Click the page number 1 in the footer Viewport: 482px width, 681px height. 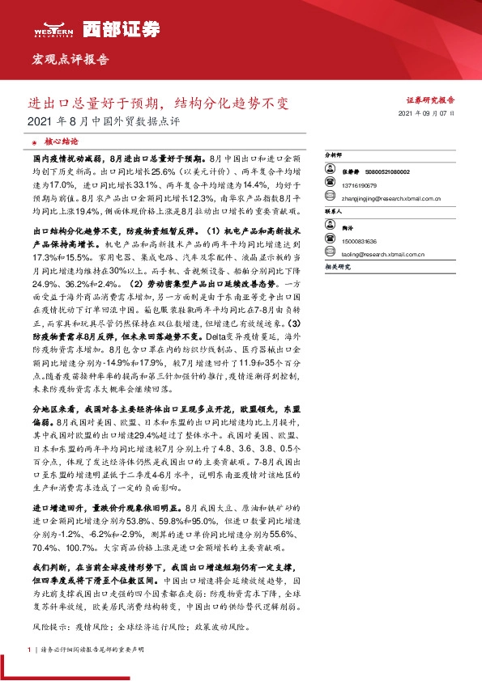click(x=30, y=649)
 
